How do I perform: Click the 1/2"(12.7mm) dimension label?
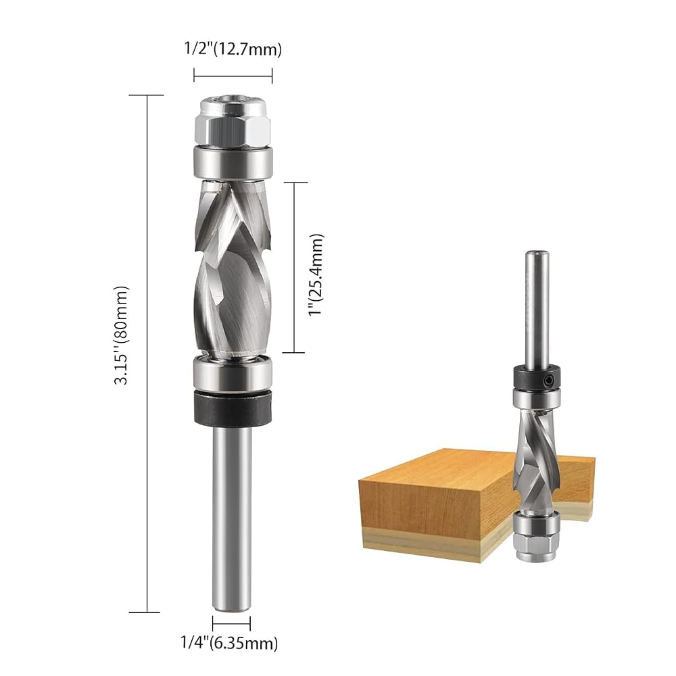233,49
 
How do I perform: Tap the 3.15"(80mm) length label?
121,335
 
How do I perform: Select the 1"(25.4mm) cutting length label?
316,274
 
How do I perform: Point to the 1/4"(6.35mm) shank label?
229,644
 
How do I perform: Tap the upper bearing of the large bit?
233,162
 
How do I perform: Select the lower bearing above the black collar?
233,372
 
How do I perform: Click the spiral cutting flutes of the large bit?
233,268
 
